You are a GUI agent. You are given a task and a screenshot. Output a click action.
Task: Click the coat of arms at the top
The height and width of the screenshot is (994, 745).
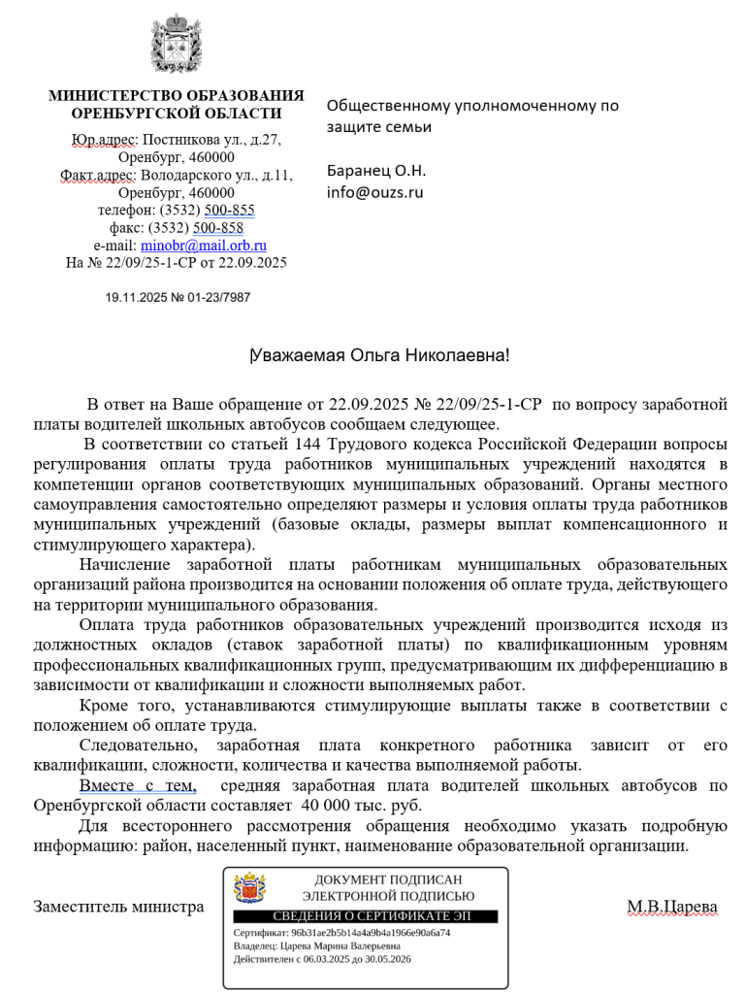coord(176,44)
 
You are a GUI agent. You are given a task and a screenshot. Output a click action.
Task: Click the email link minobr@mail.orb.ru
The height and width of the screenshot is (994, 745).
coord(204,246)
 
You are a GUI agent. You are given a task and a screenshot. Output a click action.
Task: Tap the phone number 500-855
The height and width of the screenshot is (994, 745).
coord(230,211)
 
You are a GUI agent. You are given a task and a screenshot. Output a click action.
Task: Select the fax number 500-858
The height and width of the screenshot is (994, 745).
coord(218,228)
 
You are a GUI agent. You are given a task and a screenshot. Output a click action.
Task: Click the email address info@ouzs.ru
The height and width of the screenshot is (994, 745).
coord(374,192)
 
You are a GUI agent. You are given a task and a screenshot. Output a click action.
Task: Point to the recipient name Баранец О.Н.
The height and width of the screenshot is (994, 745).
coord(375,171)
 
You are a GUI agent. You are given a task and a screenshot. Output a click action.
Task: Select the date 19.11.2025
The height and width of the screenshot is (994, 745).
coord(136,298)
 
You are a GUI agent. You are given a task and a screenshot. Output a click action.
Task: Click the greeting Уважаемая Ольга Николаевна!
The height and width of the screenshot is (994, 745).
coord(380,356)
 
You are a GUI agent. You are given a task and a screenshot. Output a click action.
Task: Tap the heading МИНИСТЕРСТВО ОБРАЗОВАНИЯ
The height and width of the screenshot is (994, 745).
coord(176,96)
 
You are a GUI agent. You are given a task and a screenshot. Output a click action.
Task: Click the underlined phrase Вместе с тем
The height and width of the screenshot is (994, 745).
coord(138,785)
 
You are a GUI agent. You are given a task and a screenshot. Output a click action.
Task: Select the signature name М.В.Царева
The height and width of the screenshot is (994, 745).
coord(671,908)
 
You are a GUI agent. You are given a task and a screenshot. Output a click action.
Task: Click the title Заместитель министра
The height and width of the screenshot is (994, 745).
coord(118,908)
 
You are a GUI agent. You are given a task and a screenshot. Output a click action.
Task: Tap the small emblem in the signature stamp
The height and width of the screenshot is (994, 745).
coord(249,888)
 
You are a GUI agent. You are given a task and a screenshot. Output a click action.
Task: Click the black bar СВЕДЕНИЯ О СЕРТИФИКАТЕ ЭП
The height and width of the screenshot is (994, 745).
coord(365,916)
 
